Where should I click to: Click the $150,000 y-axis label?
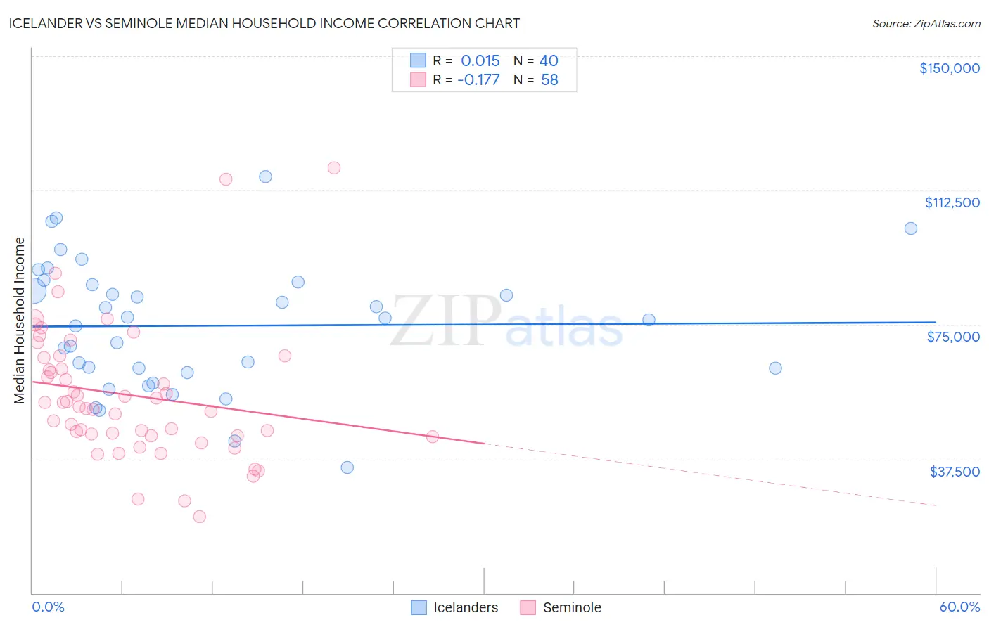coord(949,68)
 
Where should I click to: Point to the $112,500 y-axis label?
coord(952,202)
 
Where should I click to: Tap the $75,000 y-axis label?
coord(953,337)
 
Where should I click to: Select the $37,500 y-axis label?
coord(955,472)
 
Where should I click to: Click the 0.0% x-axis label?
coord(48,607)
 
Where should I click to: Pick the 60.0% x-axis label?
coord(959,607)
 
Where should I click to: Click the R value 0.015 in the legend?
coord(480,60)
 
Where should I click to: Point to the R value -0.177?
coord(478,80)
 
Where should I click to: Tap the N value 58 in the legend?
coord(549,80)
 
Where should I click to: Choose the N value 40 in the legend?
coord(549,60)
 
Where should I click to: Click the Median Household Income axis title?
coord(20,321)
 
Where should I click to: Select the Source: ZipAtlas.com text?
coord(926,24)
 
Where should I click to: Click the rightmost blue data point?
coord(910,228)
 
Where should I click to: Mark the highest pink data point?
coord(334,168)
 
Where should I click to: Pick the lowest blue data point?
coord(347,467)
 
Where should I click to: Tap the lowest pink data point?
coord(199,517)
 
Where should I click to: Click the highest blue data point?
coord(265,176)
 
